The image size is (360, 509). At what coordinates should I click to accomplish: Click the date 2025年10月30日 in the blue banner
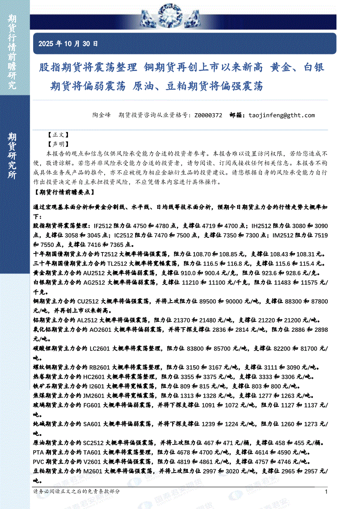(x=68, y=44)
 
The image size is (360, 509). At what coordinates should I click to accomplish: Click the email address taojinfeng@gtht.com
(x=281, y=115)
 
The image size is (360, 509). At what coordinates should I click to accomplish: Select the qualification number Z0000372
(x=208, y=115)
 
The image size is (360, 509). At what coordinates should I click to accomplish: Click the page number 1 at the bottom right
(x=326, y=492)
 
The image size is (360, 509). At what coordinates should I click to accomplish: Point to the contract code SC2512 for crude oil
(x=98, y=443)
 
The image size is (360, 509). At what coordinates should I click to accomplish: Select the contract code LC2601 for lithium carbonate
(x=98, y=349)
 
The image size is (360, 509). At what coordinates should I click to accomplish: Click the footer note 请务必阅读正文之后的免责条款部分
(x=76, y=491)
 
